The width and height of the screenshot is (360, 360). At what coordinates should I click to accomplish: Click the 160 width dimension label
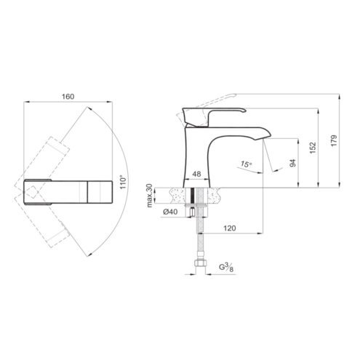68,97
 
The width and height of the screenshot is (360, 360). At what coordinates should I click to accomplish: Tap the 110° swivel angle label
124,182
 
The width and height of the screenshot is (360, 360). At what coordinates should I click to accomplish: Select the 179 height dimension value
334,140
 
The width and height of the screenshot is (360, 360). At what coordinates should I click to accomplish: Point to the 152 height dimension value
313,148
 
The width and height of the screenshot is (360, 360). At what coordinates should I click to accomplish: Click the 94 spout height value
293,163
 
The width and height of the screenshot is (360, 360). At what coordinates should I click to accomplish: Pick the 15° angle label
246,164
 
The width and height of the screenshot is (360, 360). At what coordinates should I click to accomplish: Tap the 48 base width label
196,174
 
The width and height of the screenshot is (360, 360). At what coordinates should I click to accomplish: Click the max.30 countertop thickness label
150,196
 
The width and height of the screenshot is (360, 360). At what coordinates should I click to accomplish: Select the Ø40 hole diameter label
170,212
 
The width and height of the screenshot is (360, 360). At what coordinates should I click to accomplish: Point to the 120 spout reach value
229,228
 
